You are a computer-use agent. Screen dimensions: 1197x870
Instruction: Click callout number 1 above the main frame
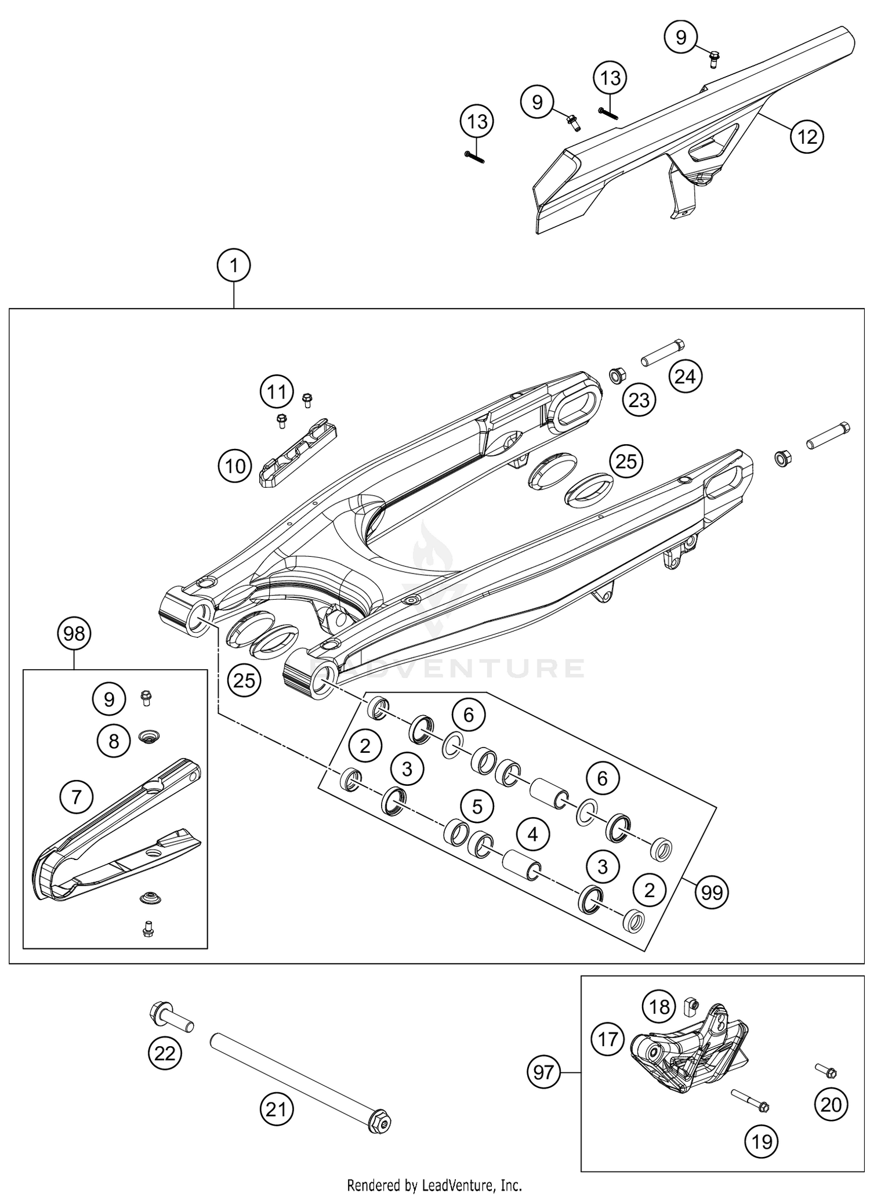pyautogui.click(x=233, y=266)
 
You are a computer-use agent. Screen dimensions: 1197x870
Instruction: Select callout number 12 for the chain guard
pyautogui.click(x=807, y=137)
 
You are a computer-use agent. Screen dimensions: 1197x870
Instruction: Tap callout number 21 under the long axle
pyautogui.click(x=276, y=1109)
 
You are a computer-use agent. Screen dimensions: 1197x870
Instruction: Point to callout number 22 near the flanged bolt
pyautogui.click(x=165, y=1053)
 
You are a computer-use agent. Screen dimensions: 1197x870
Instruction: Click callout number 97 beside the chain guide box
pyautogui.click(x=544, y=1073)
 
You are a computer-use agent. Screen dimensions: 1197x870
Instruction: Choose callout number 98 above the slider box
pyautogui.click(x=74, y=634)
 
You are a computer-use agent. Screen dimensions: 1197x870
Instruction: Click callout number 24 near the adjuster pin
pyautogui.click(x=685, y=377)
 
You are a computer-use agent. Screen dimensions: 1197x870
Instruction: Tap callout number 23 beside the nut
pyautogui.click(x=639, y=400)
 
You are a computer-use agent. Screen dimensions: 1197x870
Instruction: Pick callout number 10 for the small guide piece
pyautogui.click(x=235, y=466)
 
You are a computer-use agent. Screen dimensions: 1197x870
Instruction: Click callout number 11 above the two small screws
pyautogui.click(x=277, y=392)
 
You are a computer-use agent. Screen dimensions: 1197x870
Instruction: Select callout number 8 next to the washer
pyautogui.click(x=114, y=741)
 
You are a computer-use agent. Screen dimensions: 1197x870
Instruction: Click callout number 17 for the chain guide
pyautogui.click(x=608, y=1039)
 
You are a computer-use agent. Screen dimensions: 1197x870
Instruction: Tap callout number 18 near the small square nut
pyautogui.click(x=660, y=1007)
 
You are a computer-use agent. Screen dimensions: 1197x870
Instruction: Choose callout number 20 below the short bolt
pyautogui.click(x=831, y=1105)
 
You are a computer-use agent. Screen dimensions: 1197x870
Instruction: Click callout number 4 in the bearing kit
pyautogui.click(x=532, y=835)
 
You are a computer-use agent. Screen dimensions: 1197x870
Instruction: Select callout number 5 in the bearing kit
pyautogui.click(x=477, y=807)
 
